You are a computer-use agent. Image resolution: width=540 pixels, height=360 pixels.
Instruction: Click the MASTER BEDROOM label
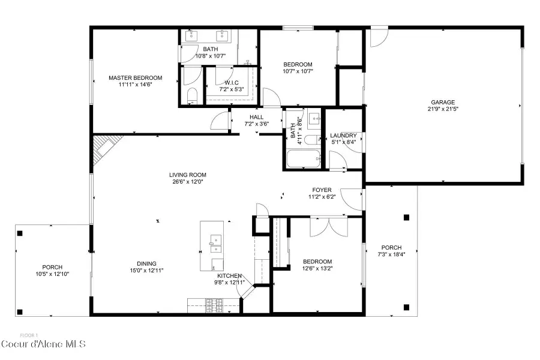pyautogui.click(x=135, y=78)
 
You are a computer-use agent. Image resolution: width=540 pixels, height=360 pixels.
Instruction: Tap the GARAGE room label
pyautogui.click(x=442, y=102)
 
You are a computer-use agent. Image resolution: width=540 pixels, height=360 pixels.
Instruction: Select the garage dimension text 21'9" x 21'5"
pyautogui.click(x=442, y=109)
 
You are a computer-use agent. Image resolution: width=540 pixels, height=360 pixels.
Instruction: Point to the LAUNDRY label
pyautogui.click(x=343, y=136)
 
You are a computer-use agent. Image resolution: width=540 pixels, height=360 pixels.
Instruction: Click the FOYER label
pyautogui.click(x=322, y=190)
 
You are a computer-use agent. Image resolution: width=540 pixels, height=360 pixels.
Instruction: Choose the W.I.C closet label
pyautogui.click(x=232, y=82)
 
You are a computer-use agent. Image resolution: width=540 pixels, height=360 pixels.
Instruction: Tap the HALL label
pyautogui.click(x=256, y=117)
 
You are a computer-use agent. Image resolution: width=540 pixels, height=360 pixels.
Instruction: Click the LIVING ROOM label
pyautogui.click(x=187, y=175)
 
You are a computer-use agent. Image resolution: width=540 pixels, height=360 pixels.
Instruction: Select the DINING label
pyautogui.click(x=146, y=263)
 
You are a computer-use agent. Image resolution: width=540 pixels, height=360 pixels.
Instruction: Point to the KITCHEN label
pyautogui.click(x=229, y=275)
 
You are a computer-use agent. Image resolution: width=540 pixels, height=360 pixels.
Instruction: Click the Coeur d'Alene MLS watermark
pyautogui.click(x=43, y=344)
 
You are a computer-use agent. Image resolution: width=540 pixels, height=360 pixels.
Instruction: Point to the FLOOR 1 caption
pyautogui.click(x=29, y=335)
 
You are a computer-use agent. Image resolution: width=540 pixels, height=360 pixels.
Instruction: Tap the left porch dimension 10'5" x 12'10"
pyautogui.click(x=52, y=274)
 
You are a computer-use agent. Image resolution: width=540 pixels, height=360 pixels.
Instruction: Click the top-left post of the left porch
pyautogui.click(x=20, y=233)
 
